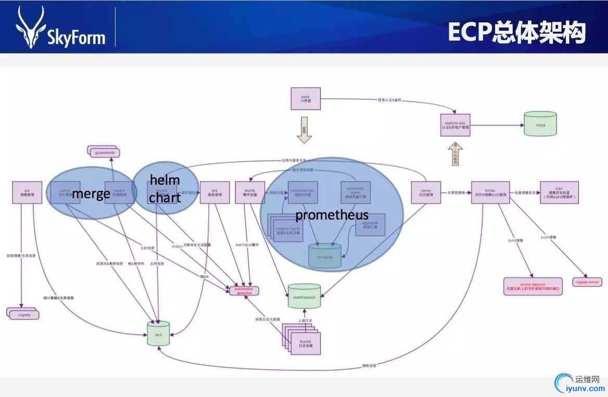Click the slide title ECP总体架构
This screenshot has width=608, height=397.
517,32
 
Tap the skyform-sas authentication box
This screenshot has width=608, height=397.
455,125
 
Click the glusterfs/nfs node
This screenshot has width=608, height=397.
104,152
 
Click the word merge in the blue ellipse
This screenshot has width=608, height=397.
91,194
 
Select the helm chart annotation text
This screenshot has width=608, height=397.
165,189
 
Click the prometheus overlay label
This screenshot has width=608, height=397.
332,215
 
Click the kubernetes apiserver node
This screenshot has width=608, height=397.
244,290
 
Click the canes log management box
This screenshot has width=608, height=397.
426,193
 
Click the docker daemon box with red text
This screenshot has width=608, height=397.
533,286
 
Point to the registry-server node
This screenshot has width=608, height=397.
587,282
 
